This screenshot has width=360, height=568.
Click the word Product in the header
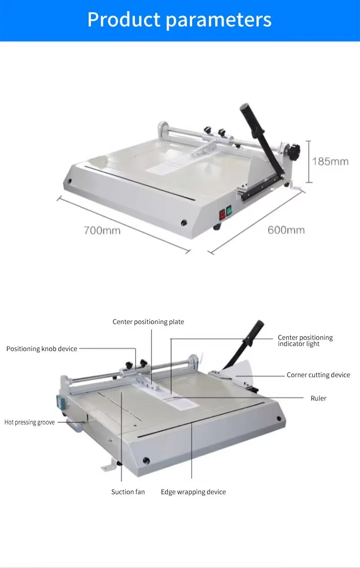[124, 19]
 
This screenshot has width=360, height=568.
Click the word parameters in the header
[219, 21]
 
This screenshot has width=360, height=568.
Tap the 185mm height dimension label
[330, 162]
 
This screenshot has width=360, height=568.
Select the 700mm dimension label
[102, 230]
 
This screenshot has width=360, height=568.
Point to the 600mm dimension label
[286, 230]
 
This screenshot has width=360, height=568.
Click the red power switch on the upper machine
[222, 215]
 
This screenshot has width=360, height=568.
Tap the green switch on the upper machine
[229, 211]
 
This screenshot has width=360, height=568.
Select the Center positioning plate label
[148, 322]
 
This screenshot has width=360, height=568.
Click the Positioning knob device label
[42, 349]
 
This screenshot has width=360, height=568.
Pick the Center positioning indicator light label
[305, 341]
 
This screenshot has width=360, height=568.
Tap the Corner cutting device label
[319, 375]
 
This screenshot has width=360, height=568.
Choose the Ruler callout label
[319, 398]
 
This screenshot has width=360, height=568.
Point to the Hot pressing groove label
[30, 422]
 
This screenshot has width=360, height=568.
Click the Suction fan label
[128, 492]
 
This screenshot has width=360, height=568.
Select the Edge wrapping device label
[193, 492]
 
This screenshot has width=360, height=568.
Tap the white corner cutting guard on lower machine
[240, 373]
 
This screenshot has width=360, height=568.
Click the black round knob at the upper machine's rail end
[295, 151]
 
